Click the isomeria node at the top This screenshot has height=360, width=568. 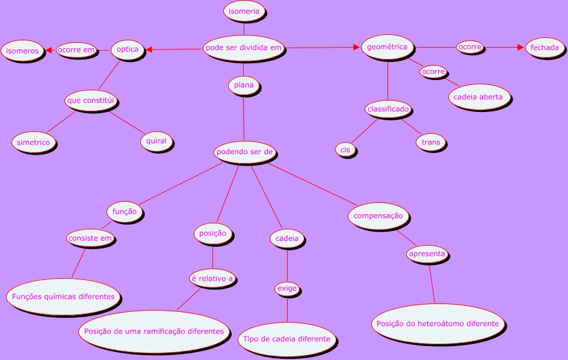[x=244, y=11]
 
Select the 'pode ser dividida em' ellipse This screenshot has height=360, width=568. [x=244, y=48]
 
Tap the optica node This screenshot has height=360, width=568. [x=128, y=49]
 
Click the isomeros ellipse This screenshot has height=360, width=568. [x=22, y=51]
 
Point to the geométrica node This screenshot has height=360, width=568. [x=387, y=47]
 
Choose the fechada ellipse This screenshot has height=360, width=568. [x=545, y=48]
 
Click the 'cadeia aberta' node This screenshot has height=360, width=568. [x=479, y=97]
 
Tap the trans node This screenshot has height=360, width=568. [x=431, y=143]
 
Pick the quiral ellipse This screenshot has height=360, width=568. [x=156, y=141]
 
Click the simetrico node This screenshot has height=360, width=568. [x=34, y=143]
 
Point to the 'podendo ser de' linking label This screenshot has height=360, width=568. [x=245, y=152]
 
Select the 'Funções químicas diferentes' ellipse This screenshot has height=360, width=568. [x=63, y=296]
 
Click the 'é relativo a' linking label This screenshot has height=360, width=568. [x=211, y=279]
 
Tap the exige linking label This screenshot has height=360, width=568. [x=287, y=289]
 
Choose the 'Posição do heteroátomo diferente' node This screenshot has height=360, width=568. [x=437, y=324]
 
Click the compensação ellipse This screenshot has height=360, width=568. [x=378, y=216]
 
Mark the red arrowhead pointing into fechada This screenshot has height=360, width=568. [x=521, y=47]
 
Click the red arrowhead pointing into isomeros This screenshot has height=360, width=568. [x=50, y=51]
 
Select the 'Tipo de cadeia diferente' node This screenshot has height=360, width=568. [x=286, y=339]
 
